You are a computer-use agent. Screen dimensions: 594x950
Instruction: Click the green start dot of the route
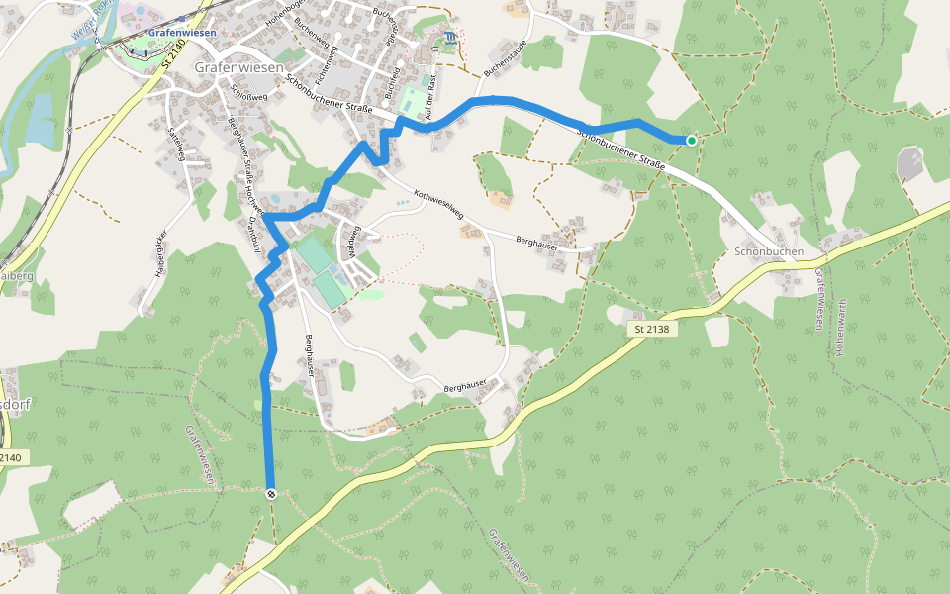[x=691, y=141]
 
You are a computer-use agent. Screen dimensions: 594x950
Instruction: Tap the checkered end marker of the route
[x=270, y=493]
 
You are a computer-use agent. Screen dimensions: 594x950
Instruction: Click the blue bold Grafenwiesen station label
[x=181, y=32]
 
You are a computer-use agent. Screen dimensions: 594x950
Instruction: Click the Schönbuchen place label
[x=769, y=252]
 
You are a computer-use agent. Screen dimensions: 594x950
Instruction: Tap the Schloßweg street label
[x=248, y=91]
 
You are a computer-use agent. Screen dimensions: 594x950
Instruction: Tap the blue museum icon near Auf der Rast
[x=451, y=39]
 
